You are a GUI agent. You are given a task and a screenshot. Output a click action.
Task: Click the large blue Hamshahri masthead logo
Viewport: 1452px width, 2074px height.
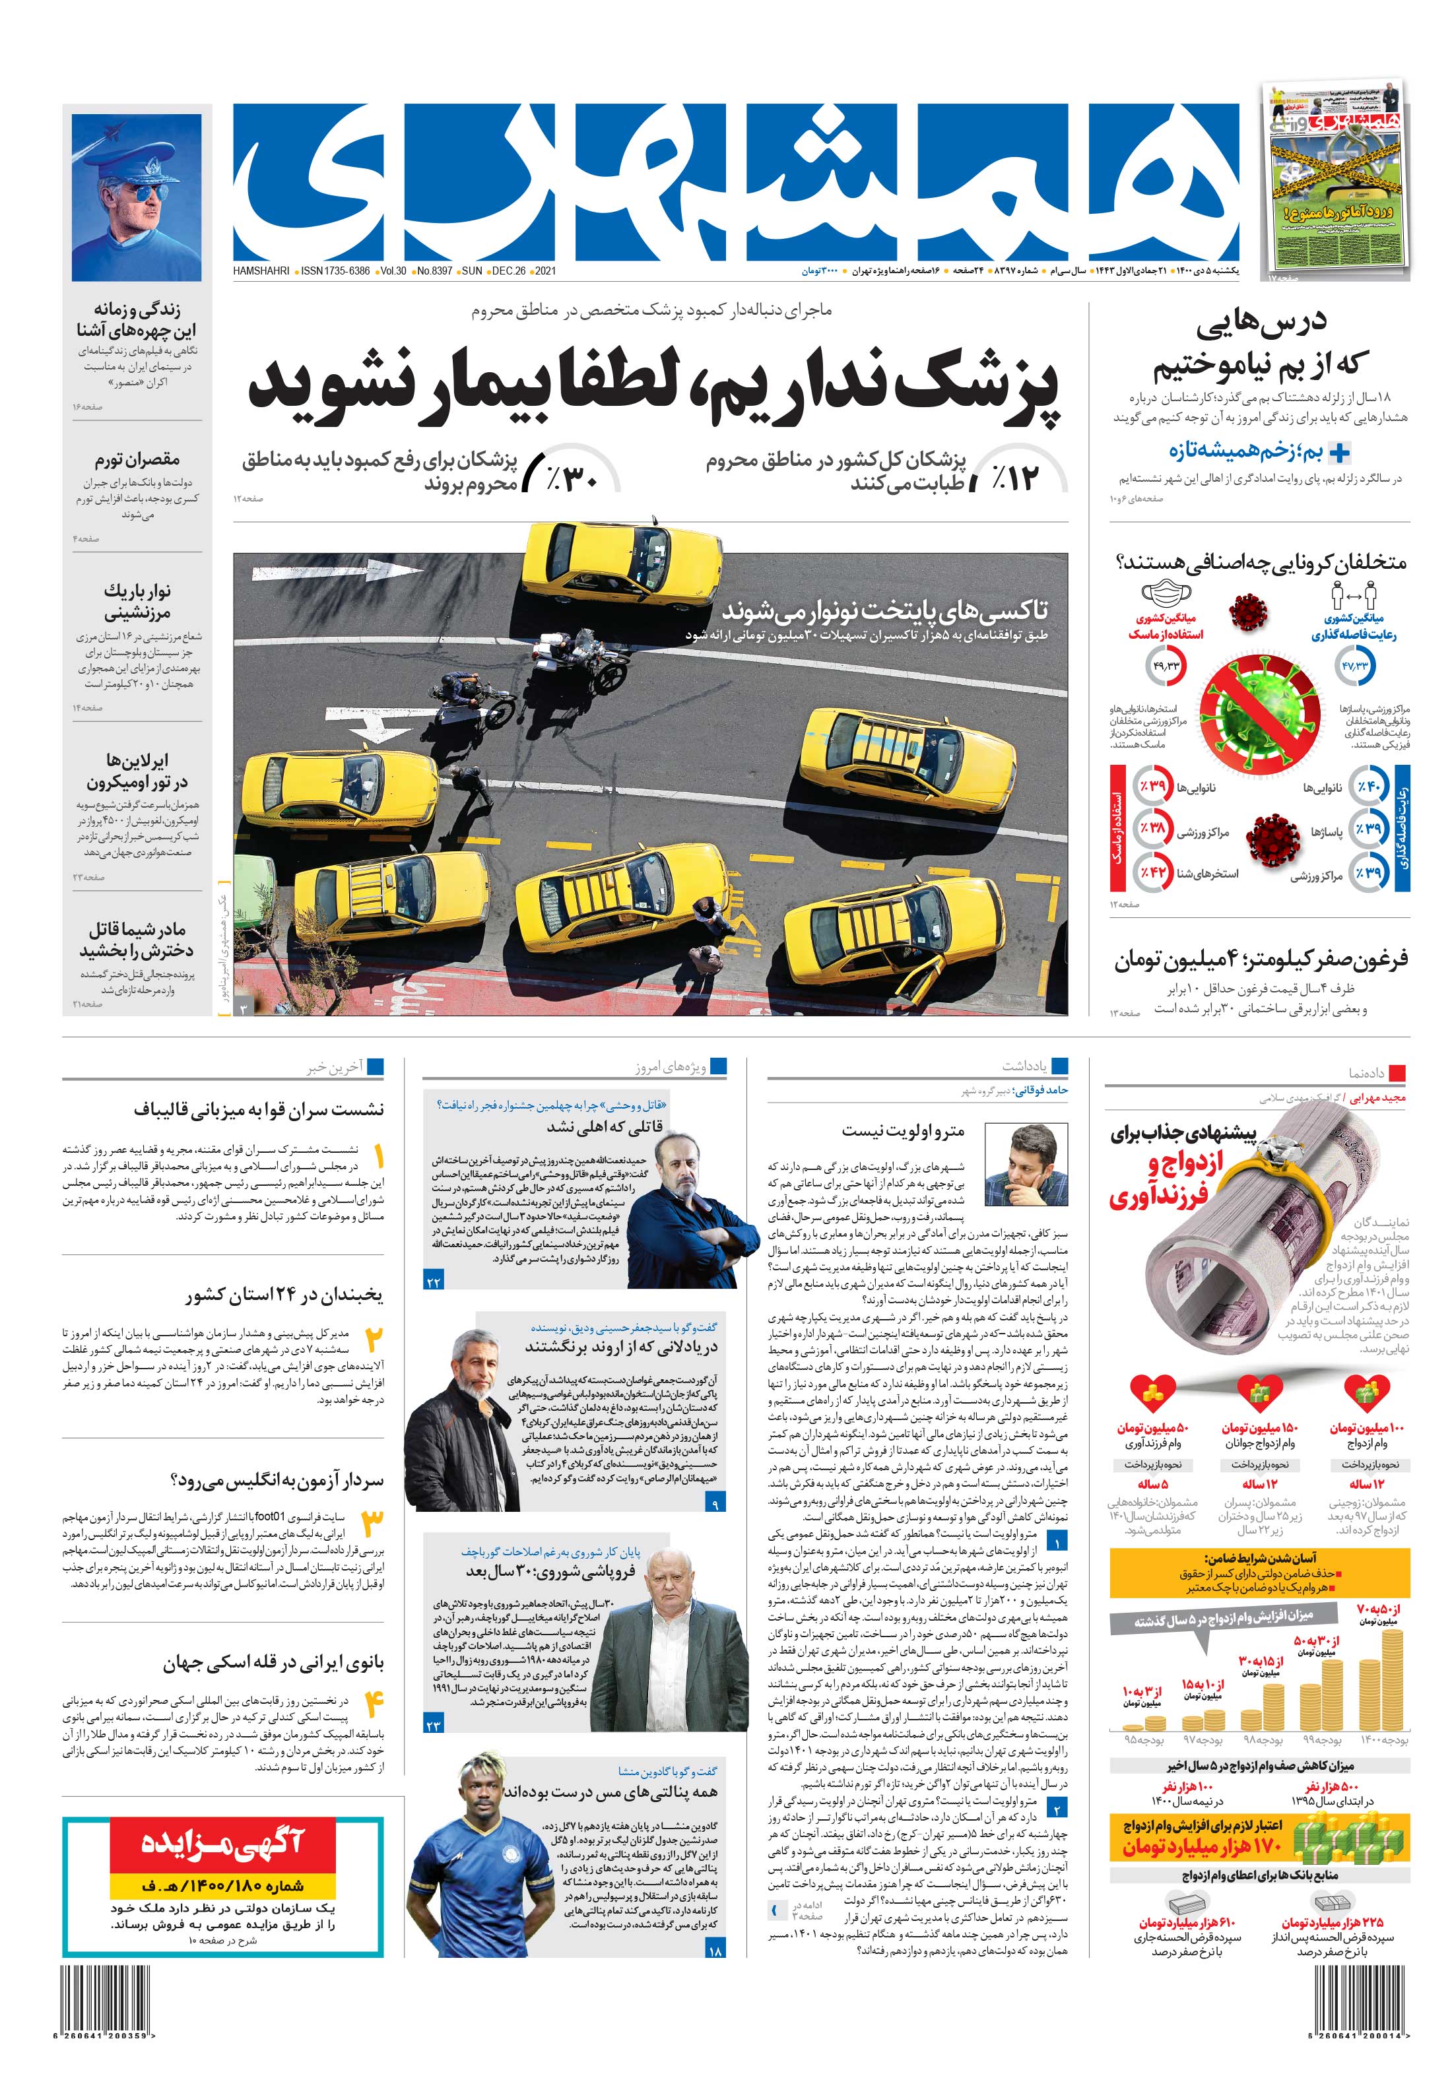pos(735,181)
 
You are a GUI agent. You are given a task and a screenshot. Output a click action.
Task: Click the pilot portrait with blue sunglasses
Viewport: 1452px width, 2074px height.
pos(135,197)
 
